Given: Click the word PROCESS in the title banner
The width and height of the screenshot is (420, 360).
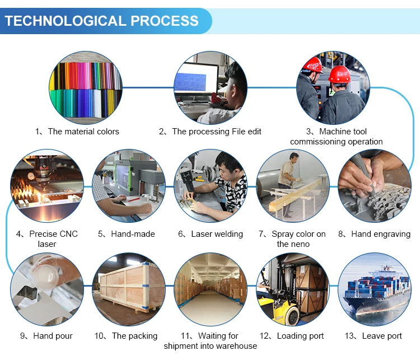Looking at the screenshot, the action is pyautogui.click(x=165, y=21).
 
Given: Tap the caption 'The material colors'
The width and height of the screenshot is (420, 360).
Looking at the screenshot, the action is pyautogui.click(x=83, y=132).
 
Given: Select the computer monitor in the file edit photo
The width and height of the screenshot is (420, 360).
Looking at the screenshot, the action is pyautogui.click(x=197, y=78).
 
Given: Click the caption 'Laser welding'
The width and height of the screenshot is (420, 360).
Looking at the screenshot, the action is pyautogui.click(x=217, y=234).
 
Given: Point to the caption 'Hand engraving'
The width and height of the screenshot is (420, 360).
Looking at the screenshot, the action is pyautogui.click(x=381, y=234).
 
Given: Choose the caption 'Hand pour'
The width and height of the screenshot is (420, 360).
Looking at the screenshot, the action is pyautogui.click(x=53, y=336).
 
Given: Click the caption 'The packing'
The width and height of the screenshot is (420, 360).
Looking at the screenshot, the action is pyautogui.click(x=135, y=336).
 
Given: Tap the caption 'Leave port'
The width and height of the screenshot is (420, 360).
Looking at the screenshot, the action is pyautogui.click(x=382, y=336).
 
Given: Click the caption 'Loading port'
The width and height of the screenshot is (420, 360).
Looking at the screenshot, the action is pyautogui.click(x=300, y=336).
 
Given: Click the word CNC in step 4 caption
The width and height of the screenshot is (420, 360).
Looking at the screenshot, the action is pyautogui.click(x=68, y=234).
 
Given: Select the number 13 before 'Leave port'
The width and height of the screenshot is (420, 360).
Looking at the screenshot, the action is pyautogui.click(x=349, y=336).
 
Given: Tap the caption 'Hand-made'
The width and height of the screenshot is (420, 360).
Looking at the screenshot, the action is pyautogui.click(x=133, y=234).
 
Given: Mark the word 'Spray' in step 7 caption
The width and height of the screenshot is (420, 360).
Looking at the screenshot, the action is pyautogui.click(x=282, y=235).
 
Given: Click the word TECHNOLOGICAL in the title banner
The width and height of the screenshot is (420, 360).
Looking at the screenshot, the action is pyautogui.click(x=66, y=21).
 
